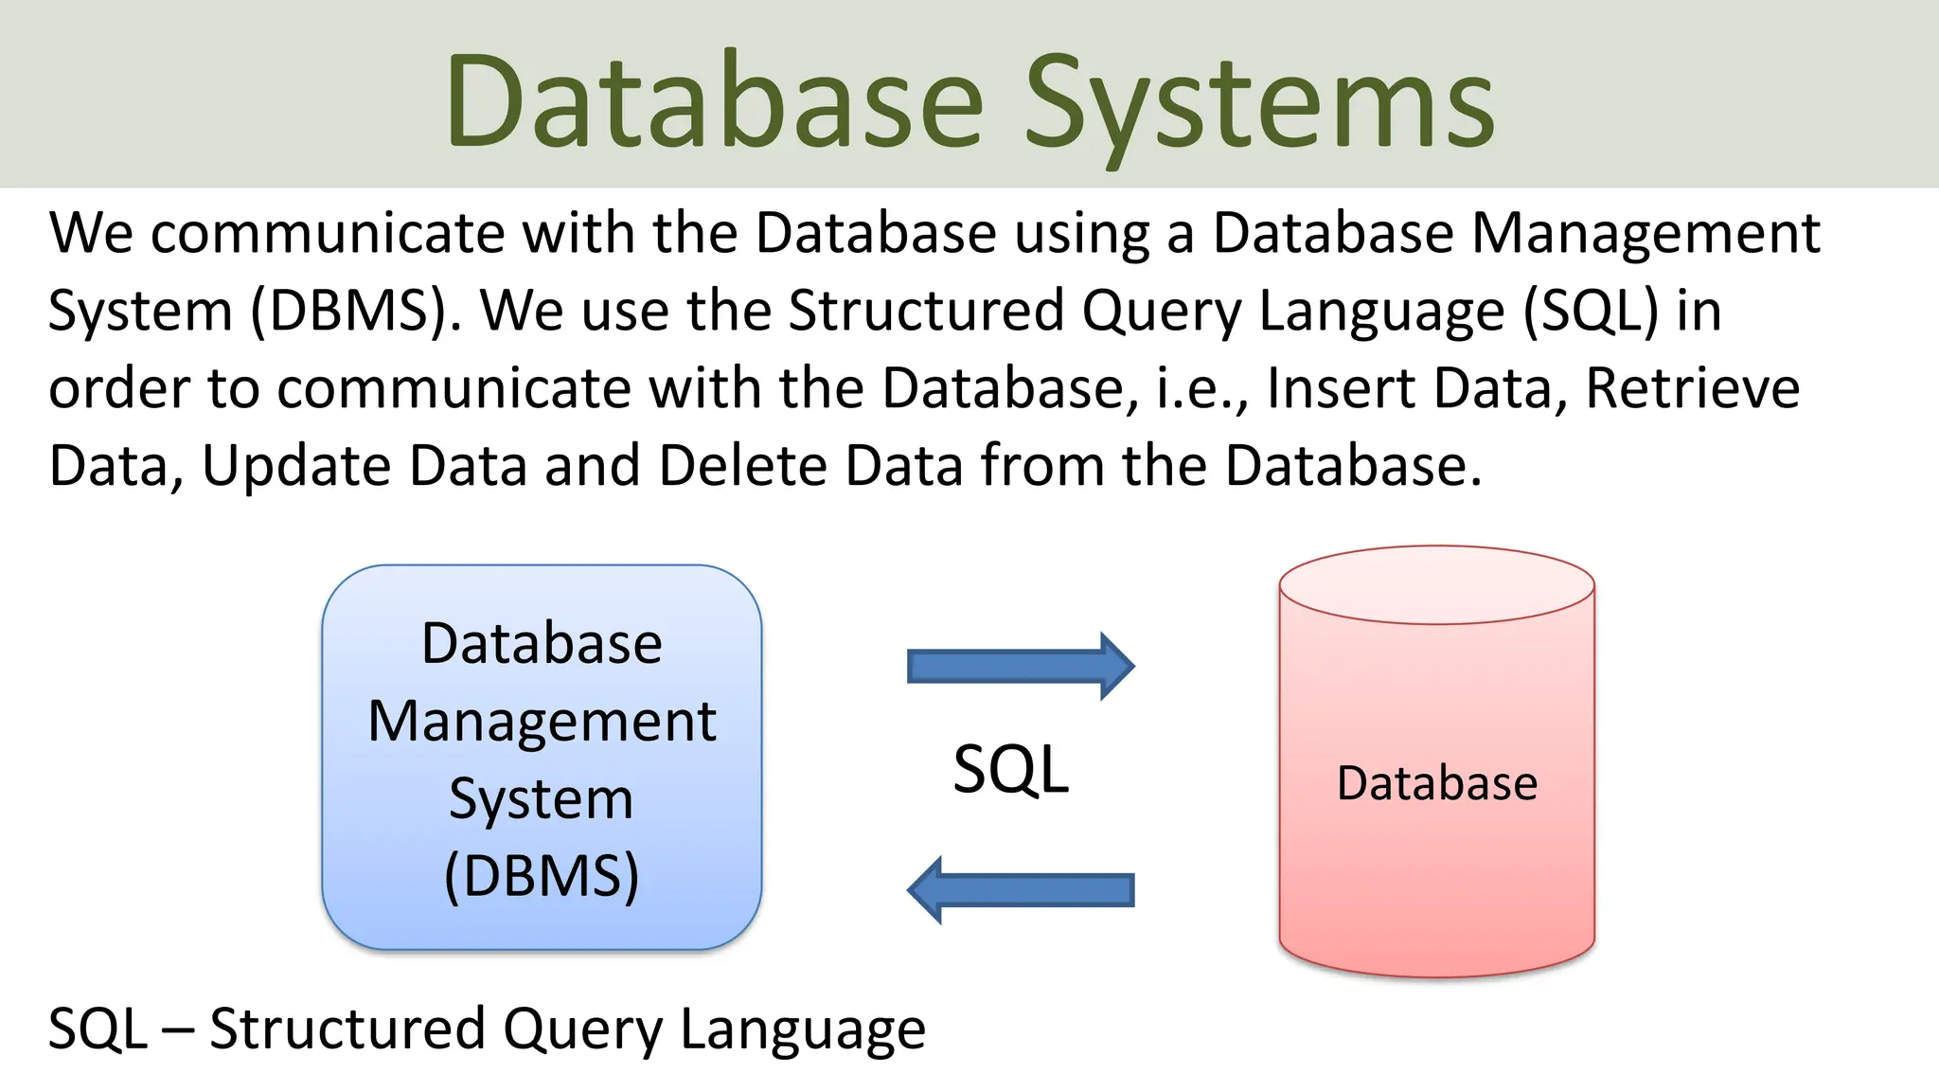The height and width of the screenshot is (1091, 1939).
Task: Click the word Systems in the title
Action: [1259, 102]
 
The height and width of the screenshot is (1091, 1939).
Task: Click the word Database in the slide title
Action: [715, 102]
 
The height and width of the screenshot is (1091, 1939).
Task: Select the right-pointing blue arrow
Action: [1020, 666]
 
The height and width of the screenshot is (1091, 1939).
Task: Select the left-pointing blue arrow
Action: [1020, 889]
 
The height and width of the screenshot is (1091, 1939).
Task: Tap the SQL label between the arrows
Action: [1010, 769]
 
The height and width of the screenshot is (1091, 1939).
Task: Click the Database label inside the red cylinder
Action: [1436, 783]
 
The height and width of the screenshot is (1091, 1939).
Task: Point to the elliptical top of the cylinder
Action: [1436, 584]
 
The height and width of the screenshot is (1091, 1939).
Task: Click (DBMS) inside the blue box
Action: [542, 875]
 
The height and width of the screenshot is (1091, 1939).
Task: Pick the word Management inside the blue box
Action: [542, 722]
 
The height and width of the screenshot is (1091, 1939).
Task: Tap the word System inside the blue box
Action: [542, 798]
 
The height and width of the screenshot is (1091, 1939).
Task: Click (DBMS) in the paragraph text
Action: [356, 311]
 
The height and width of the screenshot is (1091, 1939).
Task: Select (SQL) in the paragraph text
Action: [1591, 311]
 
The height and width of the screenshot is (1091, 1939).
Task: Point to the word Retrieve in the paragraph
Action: [1692, 388]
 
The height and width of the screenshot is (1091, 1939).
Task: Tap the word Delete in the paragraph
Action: [742, 466]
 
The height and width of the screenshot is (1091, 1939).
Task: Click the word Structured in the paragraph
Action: [926, 311]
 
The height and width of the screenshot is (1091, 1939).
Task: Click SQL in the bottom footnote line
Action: [98, 1029]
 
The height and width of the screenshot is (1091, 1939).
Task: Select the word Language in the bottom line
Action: [803, 1029]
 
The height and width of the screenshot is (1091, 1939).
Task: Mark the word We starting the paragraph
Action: [91, 233]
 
